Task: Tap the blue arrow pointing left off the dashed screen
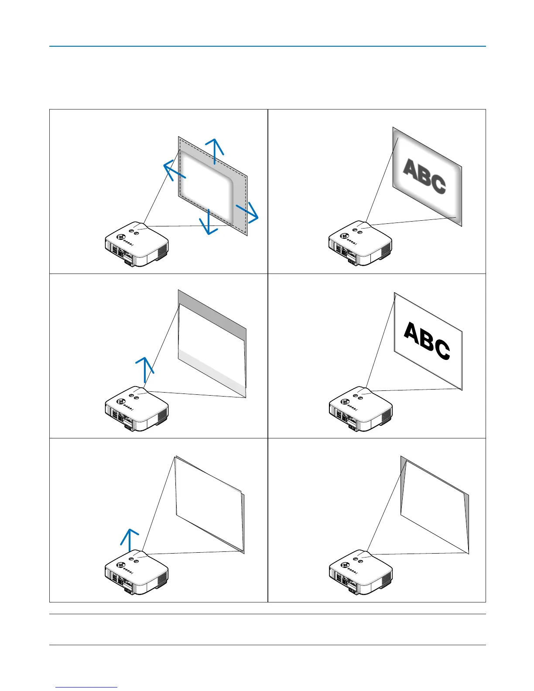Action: [x=174, y=171]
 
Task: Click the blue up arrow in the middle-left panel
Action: [x=144, y=369]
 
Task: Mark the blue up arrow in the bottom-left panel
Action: [x=130, y=540]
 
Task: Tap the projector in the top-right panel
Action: [x=360, y=244]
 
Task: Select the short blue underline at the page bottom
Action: [x=86, y=688]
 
